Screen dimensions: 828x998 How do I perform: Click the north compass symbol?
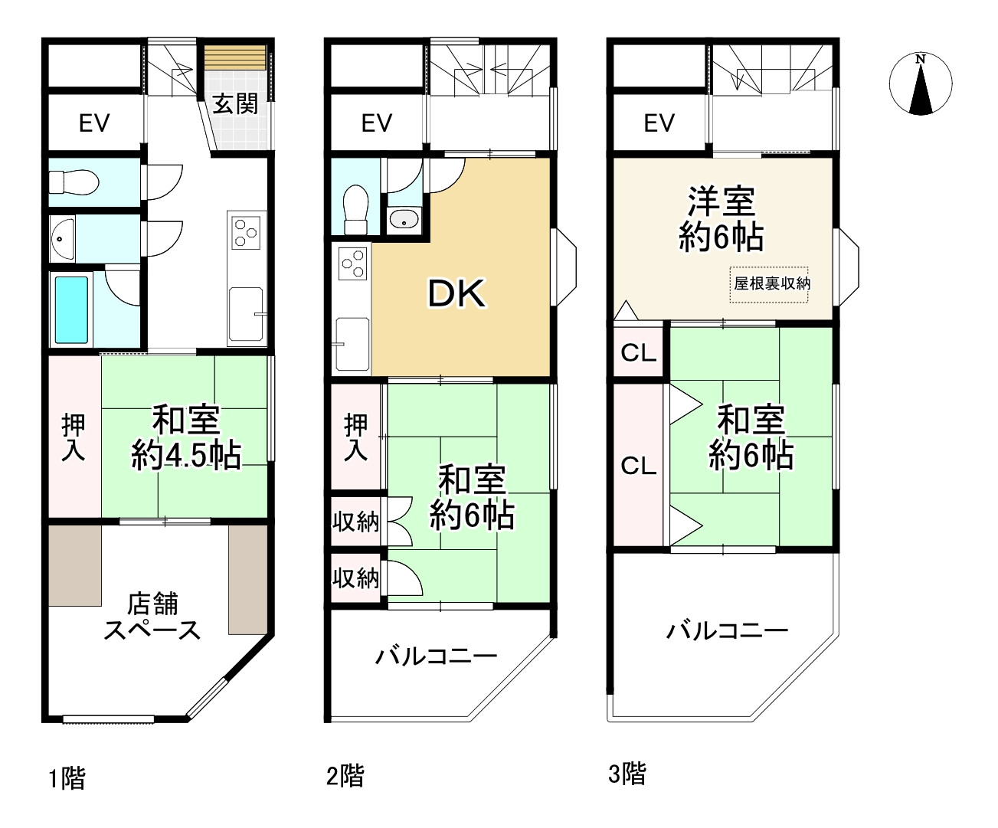coord(921,84)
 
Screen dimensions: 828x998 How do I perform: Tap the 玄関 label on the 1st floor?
coord(235,104)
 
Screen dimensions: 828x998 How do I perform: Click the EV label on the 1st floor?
coord(94,123)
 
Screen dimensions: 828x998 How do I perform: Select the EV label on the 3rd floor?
coord(659,123)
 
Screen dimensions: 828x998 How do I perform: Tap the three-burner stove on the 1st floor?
coord(247,232)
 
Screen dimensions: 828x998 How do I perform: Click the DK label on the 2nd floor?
coord(456,293)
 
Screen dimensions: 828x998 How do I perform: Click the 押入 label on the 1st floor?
coord(74,437)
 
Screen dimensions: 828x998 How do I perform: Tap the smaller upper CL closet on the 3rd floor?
coord(638,353)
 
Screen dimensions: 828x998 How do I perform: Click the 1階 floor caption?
coord(67,779)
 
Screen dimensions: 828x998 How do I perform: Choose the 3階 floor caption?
coord(627,774)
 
